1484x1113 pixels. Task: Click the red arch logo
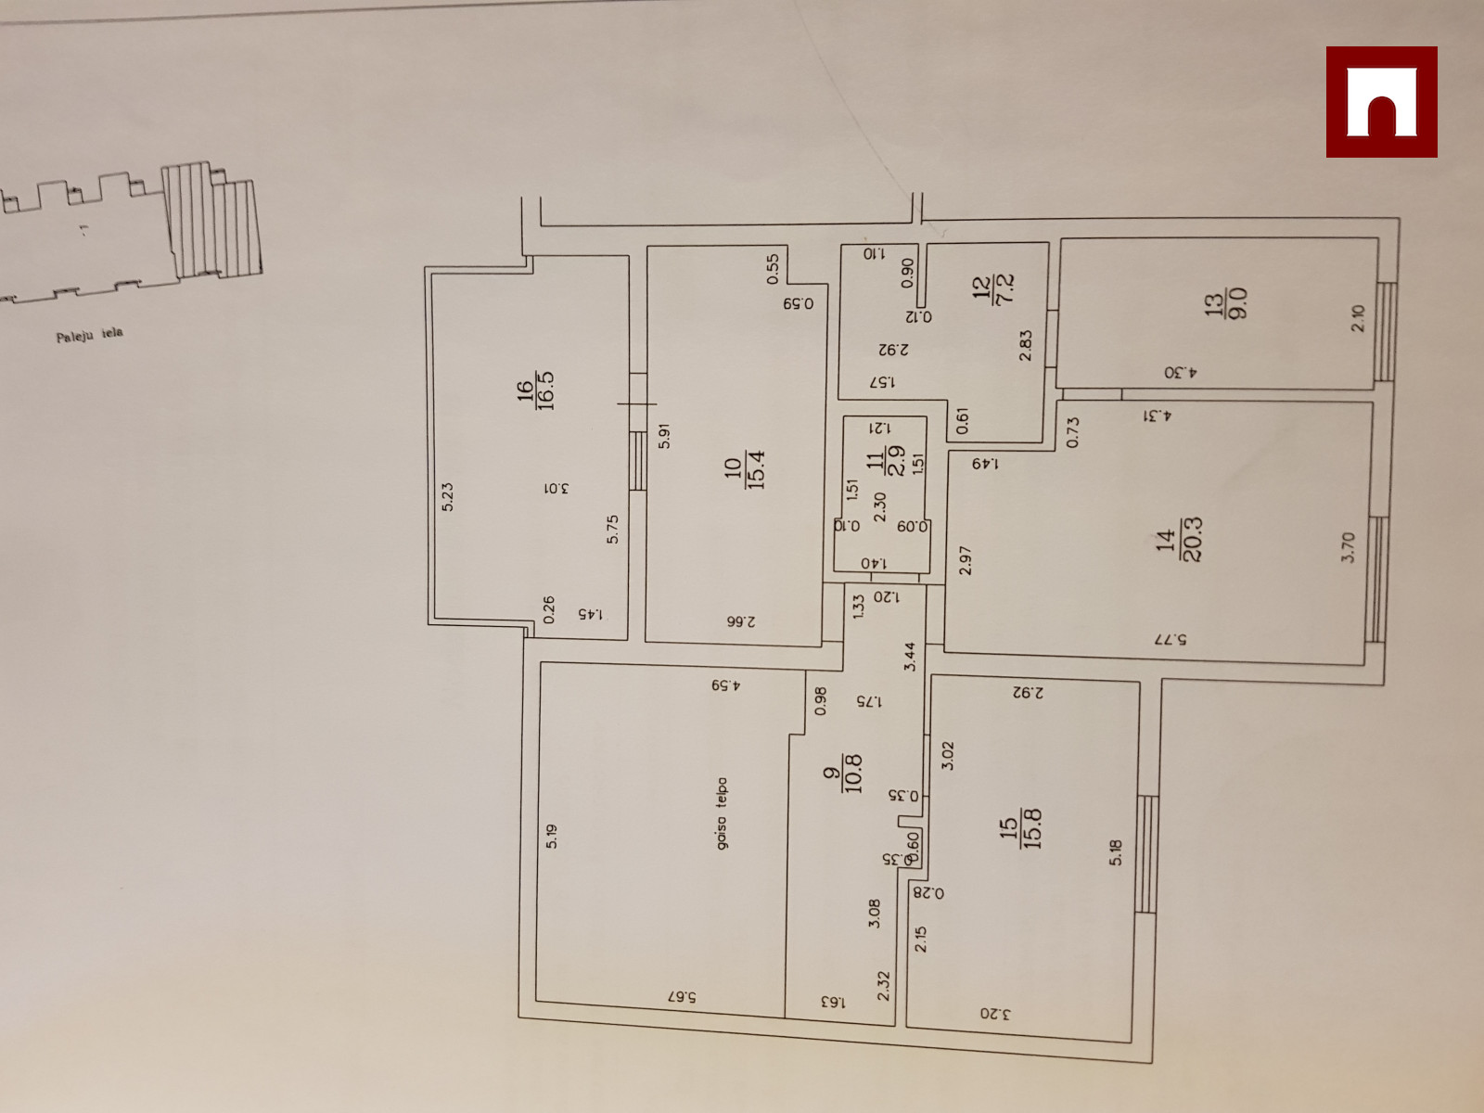click(1381, 102)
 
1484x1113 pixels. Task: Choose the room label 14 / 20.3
click(1180, 540)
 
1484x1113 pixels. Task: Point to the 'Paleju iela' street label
click(89, 334)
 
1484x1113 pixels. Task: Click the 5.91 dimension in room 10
click(664, 436)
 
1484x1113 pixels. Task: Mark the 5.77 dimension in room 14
click(1172, 640)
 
